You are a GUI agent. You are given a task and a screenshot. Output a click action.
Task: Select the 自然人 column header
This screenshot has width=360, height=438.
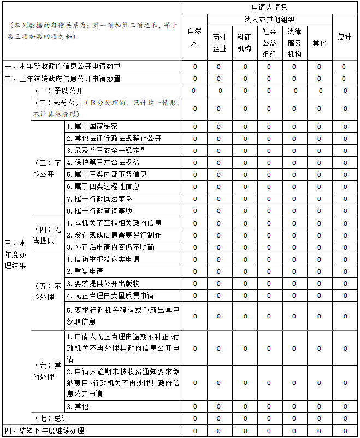pyautogui.click(x=194, y=37)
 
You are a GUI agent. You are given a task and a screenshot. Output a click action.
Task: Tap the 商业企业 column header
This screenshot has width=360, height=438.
pyautogui.click(x=219, y=43)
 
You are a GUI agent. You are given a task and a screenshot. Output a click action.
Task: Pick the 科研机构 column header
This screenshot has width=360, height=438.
pyautogui.click(x=244, y=43)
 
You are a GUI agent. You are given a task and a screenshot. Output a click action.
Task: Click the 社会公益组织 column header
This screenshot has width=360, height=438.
pyautogui.click(x=269, y=43)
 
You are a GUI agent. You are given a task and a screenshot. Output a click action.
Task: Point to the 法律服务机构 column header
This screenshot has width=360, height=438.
pyautogui.click(x=294, y=43)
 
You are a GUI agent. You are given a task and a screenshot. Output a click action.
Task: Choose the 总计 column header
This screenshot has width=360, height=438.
pyautogui.click(x=344, y=37)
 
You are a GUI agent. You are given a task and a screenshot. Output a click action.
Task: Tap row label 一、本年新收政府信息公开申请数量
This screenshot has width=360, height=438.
pyautogui.click(x=63, y=67)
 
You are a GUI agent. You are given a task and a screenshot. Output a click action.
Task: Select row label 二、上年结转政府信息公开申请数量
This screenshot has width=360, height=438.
pyautogui.click(x=63, y=79)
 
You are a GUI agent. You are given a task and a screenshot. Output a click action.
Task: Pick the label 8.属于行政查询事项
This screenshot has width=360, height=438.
pyautogui.click(x=99, y=211)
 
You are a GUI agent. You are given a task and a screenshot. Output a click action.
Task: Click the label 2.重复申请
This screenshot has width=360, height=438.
pyautogui.click(x=85, y=271)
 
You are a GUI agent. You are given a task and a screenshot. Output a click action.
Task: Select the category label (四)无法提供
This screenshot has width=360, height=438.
pyautogui.click(x=47, y=234)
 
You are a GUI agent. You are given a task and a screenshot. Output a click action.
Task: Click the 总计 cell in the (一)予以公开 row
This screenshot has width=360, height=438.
pyautogui.click(x=345, y=91)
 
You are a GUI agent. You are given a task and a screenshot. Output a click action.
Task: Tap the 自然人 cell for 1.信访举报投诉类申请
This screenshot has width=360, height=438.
pyautogui.click(x=194, y=259)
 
